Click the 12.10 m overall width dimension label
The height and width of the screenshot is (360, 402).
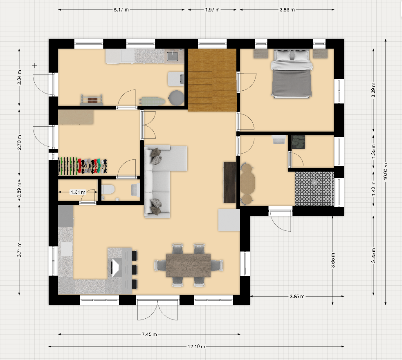click(196, 347)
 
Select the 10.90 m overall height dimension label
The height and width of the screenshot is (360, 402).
click(386, 171)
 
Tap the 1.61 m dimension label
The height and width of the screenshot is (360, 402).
click(78, 192)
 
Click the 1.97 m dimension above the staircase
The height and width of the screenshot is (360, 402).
click(212, 10)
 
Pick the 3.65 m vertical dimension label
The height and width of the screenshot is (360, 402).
click(332, 260)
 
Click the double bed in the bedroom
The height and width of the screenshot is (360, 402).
click(292, 74)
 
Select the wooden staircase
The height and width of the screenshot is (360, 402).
click(212, 80)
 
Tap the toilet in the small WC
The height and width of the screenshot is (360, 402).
click(108, 190)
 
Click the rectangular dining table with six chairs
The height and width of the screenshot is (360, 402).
click(189, 265)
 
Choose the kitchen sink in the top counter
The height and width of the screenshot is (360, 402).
click(173, 56)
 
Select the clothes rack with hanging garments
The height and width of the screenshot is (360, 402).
click(83, 166)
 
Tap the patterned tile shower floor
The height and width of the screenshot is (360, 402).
click(314, 189)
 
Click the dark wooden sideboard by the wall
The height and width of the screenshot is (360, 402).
click(230, 182)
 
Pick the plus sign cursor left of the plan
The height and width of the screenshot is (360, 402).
click(34, 66)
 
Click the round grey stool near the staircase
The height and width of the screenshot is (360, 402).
click(176, 97)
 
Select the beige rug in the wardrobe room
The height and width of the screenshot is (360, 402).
click(76, 117)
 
